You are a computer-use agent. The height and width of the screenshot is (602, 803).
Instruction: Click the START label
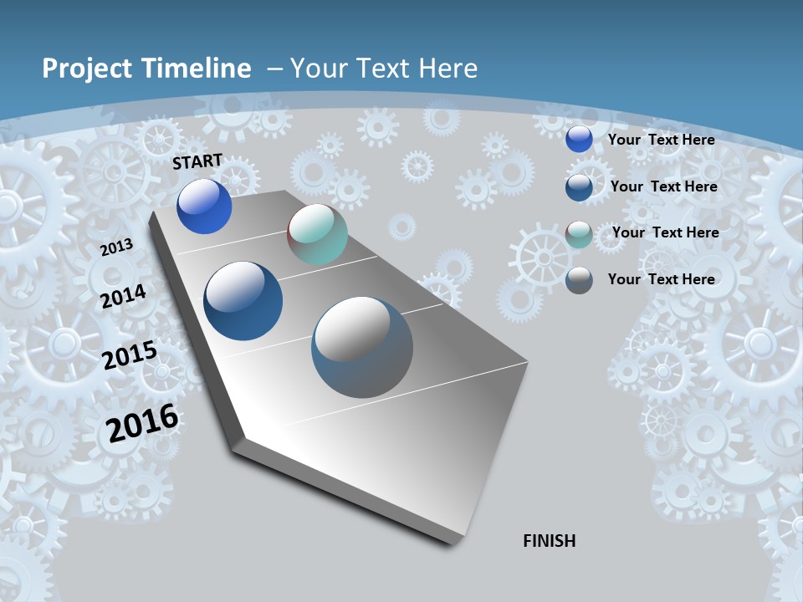pos(197,161)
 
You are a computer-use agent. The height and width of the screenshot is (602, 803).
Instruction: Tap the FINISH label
pos(550,541)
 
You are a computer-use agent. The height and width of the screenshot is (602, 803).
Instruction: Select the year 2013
pos(117,247)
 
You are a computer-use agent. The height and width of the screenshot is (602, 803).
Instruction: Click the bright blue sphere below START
pos(204,207)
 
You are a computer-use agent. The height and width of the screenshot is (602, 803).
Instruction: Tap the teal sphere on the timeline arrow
pos(317,234)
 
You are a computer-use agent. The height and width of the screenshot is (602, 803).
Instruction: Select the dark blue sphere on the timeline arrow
pos(243,301)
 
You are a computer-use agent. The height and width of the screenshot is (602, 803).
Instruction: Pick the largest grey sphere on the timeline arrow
pos(362,347)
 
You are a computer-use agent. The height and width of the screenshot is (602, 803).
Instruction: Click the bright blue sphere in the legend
pos(579,140)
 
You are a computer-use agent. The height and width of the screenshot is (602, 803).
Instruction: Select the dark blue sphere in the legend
pos(579,187)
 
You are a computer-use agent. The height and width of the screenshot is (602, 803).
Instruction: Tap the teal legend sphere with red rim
pos(579,234)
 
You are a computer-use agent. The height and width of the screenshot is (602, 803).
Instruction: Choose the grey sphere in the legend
pos(579,280)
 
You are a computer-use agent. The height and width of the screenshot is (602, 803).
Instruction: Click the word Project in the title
pos(89,69)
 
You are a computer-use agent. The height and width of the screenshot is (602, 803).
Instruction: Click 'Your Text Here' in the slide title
pos(384,69)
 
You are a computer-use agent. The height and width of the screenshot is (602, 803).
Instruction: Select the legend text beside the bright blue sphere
pos(661,140)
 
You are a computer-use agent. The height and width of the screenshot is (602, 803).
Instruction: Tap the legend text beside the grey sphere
pos(661,279)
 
